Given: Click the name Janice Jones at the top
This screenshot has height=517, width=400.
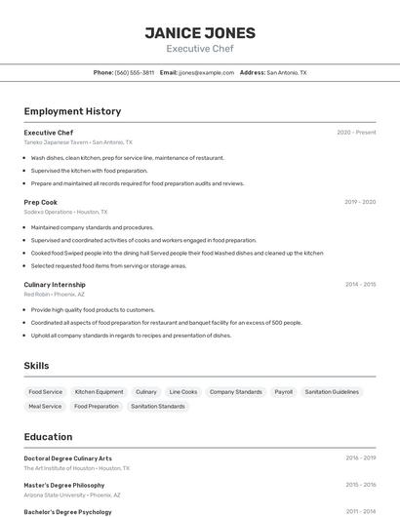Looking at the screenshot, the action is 200,33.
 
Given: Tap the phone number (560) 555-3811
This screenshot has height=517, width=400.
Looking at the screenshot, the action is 135,72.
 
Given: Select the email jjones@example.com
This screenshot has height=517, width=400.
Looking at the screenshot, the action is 207,72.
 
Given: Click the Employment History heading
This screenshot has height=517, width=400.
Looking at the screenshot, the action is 72,111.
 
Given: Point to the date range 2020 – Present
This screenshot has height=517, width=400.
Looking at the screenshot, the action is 356,133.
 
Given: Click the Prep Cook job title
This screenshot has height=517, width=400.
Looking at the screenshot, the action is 41,202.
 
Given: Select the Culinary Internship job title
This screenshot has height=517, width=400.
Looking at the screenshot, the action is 55,285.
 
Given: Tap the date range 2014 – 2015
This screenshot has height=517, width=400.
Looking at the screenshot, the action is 360,285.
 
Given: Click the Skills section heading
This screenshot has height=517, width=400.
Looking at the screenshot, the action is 37,366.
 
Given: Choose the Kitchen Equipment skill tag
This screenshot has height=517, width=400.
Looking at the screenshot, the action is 100,392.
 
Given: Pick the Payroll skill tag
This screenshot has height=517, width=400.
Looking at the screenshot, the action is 283,392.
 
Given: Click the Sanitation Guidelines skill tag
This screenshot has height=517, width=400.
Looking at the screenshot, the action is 332,392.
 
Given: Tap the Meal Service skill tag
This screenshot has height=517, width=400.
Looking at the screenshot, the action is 45,406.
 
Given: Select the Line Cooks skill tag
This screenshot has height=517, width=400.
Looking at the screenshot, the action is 182,392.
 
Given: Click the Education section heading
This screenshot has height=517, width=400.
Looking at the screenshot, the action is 48,437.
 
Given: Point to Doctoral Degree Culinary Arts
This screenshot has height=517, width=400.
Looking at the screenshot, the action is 68,458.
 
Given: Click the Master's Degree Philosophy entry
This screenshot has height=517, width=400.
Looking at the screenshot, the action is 64,485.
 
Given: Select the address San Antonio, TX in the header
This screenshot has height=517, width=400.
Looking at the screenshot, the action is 287,72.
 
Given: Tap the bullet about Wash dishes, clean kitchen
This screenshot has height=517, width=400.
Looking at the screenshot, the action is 127,158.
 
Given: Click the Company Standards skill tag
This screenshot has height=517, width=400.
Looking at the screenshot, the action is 235,392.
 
